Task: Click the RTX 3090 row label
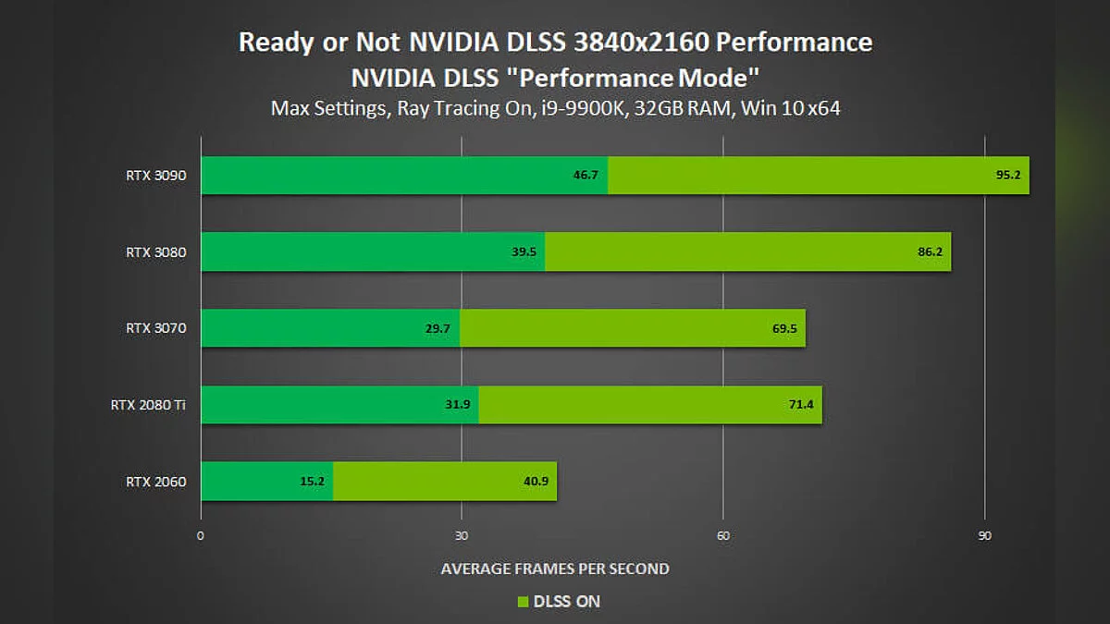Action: pyautogui.click(x=150, y=175)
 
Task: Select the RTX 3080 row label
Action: pyautogui.click(x=150, y=251)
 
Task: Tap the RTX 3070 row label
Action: pyautogui.click(x=150, y=327)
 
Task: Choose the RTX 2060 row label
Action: pyautogui.click(x=150, y=481)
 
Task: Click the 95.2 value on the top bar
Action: pyautogui.click(x=1008, y=175)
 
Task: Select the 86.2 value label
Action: pyautogui.click(x=930, y=251)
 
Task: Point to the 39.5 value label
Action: pyautogui.click(x=524, y=251)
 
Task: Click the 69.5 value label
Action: pyautogui.click(x=784, y=328)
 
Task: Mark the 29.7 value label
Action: pyautogui.click(x=439, y=328)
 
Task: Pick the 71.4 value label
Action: pyautogui.click(x=801, y=405)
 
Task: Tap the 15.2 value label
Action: pyautogui.click(x=313, y=481)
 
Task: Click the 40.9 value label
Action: pyautogui.click(x=536, y=481)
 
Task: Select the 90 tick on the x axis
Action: pyautogui.click(x=985, y=535)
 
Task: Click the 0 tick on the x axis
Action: pyautogui.click(x=201, y=535)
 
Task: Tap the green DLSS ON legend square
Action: pyautogui.click(x=523, y=602)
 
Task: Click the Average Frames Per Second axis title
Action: pyautogui.click(x=555, y=568)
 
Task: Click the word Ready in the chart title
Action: pyautogui.click(x=271, y=43)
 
